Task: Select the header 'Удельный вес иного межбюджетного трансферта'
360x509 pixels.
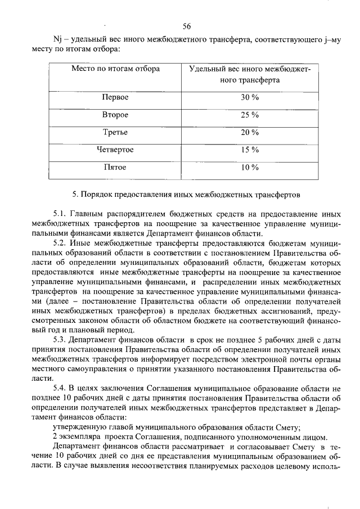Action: [250, 74]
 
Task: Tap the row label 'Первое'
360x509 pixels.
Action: [115, 97]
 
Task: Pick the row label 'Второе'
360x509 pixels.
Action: [115, 115]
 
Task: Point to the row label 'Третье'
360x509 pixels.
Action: [115, 132]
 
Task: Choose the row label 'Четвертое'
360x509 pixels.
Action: [115, 150]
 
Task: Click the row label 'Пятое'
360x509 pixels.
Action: [115, 167]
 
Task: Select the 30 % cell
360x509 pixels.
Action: [250, 97]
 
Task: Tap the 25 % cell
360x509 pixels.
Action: [250, 115]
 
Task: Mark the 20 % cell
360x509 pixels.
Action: [250, 132]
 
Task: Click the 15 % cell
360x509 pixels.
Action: [250, 150]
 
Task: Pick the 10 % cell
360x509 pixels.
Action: [250, 167]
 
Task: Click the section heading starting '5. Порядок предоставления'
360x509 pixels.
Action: [188, 194]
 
